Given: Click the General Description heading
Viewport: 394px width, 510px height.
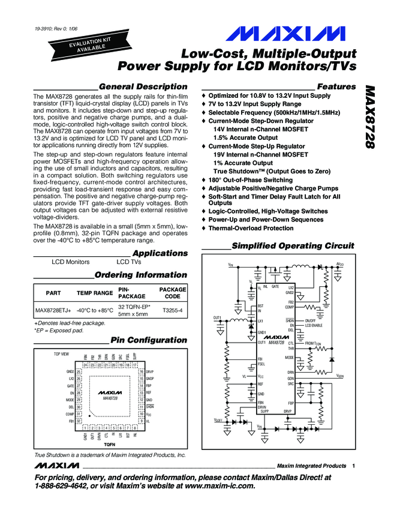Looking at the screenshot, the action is pos(143,86).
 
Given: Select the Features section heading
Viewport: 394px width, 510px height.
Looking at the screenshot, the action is pos(336,86).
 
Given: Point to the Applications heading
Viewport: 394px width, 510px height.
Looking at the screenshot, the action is pos(160,253).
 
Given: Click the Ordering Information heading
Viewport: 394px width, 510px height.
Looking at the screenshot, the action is pos(141,275).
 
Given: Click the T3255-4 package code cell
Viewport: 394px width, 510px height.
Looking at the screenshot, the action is pos(172,310).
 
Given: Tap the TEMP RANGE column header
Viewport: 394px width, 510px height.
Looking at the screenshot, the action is pos(95,293).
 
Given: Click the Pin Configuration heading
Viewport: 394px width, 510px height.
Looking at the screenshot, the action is pos(149,340).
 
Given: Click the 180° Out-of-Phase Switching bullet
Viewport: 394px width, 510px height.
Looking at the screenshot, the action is pos(250,179).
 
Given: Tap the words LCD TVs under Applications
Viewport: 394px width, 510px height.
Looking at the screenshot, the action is pos(129,262).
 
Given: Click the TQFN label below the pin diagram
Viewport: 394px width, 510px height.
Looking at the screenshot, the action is pos(110,445).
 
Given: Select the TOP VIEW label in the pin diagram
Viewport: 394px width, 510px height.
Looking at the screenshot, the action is pos(62,355).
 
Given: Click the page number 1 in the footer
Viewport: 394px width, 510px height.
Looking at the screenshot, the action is pos(354,466).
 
